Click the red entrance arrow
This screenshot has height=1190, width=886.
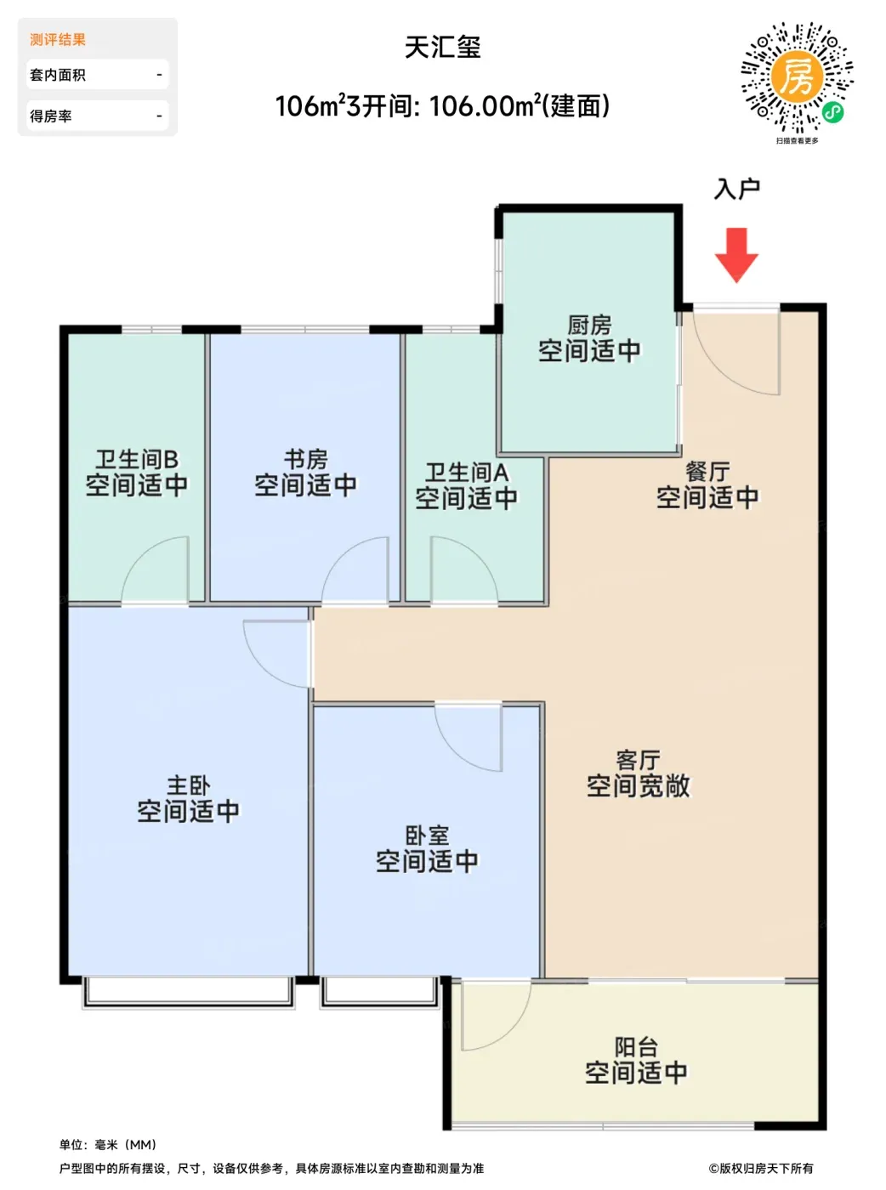click(x=735, y=255)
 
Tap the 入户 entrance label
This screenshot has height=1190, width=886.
click(x=737, y=189)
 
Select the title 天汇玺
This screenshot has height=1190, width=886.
click(x=443, y=48)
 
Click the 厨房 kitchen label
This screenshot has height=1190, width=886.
click(x=589, y=326)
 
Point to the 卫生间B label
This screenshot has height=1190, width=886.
click(x=137, y=459)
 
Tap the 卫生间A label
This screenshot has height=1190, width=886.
click(x=466, y=473)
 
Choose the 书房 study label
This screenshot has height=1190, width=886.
click(x=306, y=459)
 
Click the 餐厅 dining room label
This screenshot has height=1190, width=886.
click(x=707, y=472)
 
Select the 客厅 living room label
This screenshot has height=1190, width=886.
click(x=638, y=760)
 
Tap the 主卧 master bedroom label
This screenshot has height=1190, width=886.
click(x=189, y=785)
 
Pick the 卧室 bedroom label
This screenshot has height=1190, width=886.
click(x=427, y=836)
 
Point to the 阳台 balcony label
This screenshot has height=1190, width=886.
click(x=637, y=1046)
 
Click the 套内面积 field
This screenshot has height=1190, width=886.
click(x=97, y=75)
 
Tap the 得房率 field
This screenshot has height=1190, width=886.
click(x=97, y=116)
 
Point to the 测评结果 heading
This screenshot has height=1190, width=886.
click(x=58, y=40)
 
